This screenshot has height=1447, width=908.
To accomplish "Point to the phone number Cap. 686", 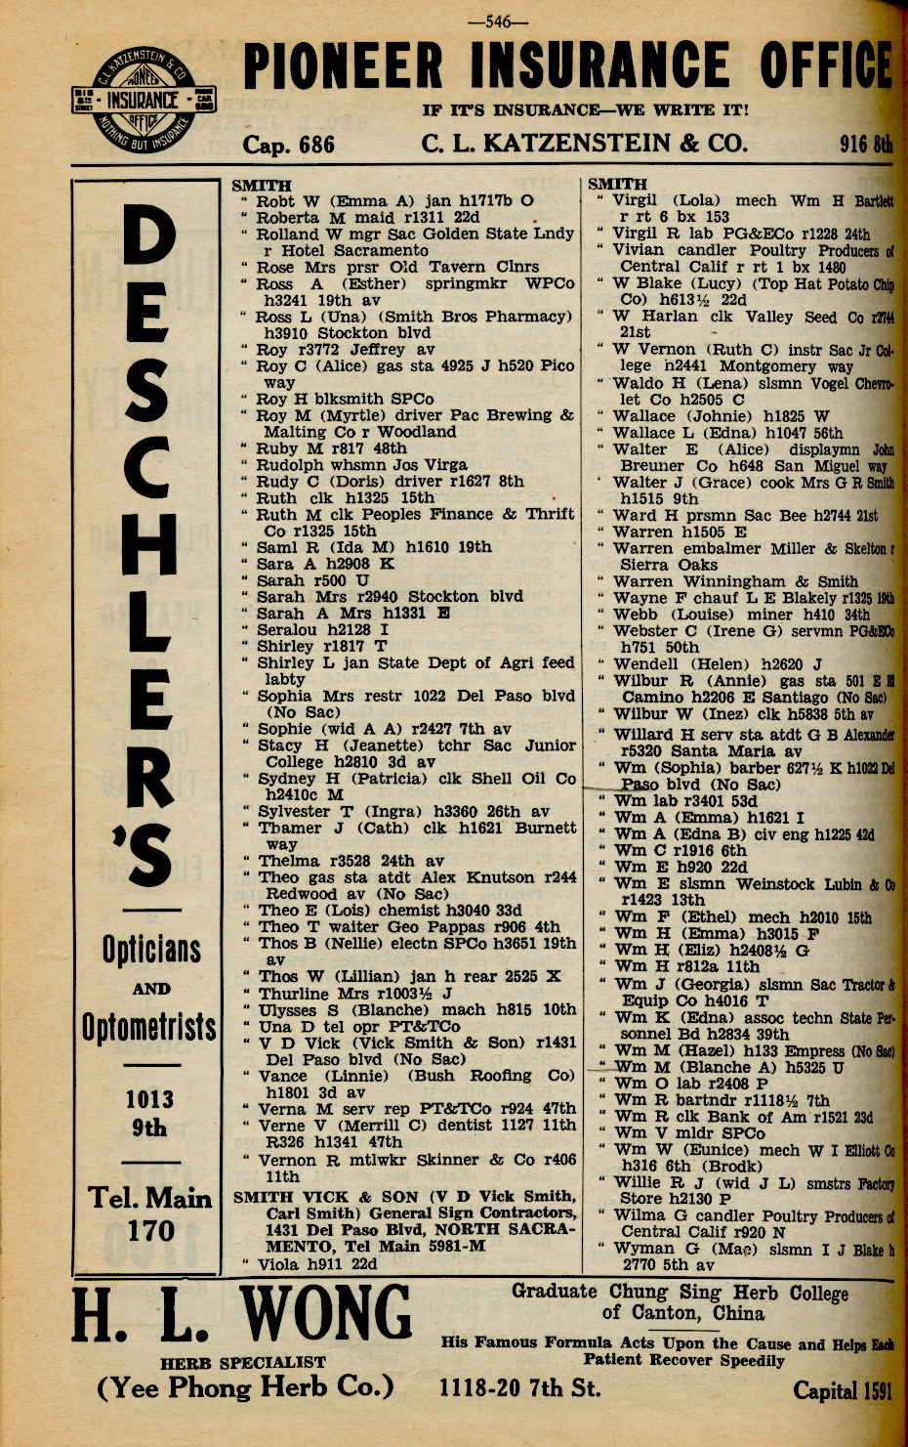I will coord(288,145).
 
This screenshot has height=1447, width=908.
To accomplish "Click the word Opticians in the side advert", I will coord(151,949).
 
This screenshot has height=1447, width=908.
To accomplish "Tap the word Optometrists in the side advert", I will coord(149,1027).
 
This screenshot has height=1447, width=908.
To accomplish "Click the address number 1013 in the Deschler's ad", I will coord(150,1099).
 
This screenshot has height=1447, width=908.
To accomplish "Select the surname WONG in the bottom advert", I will coord(326,1314).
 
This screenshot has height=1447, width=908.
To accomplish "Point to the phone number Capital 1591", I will coord(842,1390).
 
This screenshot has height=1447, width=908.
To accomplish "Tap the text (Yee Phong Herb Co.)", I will coord(245,1387).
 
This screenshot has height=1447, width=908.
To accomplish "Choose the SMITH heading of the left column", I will coord(261,185).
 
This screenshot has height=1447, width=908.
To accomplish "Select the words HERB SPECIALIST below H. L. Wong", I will coord(243,1361).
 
